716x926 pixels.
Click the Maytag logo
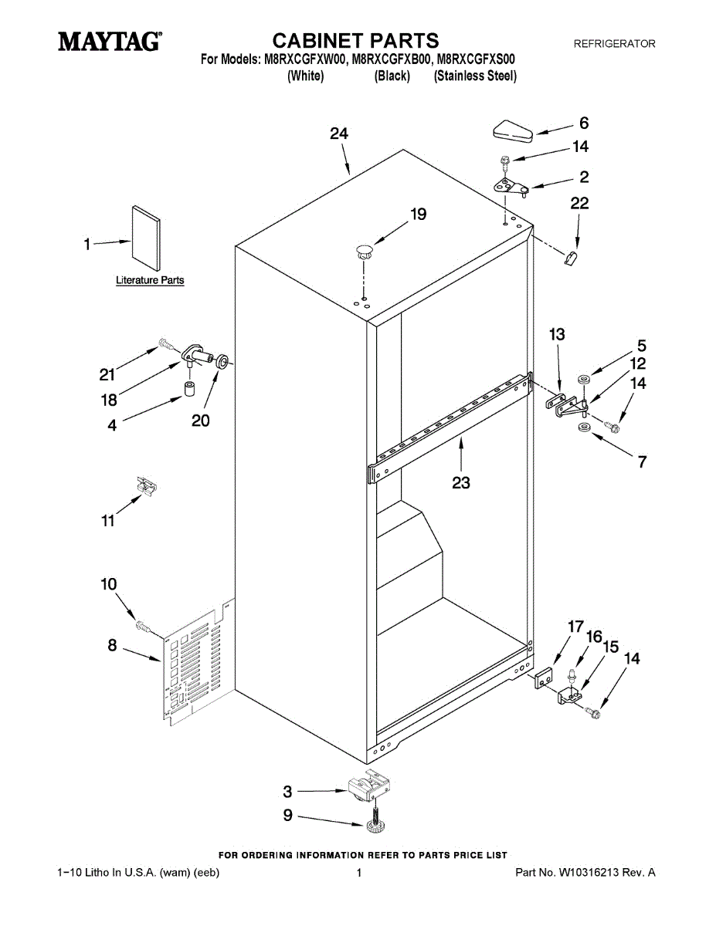pos(110,42)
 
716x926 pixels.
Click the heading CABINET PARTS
pos(356,40)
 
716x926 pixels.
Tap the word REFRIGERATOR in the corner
pos(614,44)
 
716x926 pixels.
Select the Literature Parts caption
pos(150,280)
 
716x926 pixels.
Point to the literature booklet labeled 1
pos(146,235)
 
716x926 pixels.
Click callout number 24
pos(338,133)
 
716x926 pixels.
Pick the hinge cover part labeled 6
pos(512,130)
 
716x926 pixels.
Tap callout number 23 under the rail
pos(461,483)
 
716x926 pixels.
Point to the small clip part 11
pos(146,485)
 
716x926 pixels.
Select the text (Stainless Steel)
pos(475,76)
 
